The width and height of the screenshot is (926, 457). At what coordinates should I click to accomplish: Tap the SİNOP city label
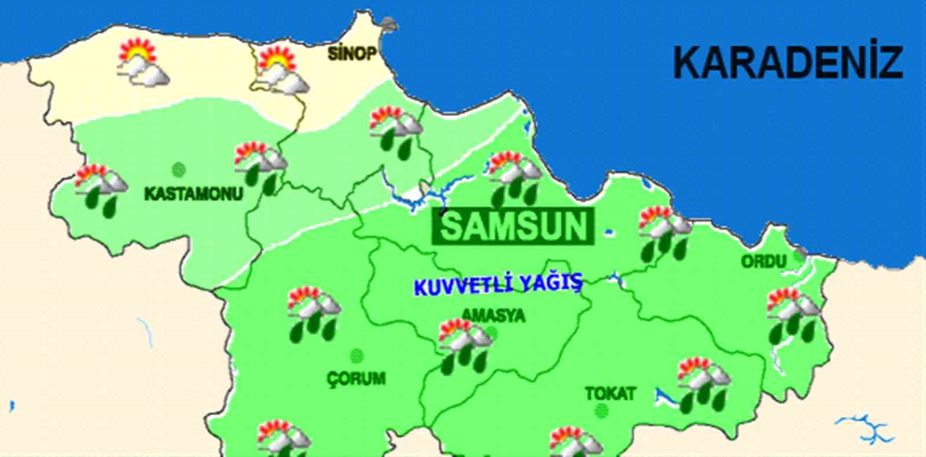pos(352,54)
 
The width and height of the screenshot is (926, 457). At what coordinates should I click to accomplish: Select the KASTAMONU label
pos(193,193)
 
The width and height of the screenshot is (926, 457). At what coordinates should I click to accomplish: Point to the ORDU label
pos(764,261)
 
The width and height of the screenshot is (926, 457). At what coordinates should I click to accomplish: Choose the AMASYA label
pos(493,315)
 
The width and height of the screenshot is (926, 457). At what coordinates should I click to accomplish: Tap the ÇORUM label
pos(357,379)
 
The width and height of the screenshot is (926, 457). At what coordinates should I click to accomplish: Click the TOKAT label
pos(610,394)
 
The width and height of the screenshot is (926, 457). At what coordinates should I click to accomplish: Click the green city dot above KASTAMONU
pos(179,169)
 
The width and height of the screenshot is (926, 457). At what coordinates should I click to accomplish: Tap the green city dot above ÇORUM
pos(357,356)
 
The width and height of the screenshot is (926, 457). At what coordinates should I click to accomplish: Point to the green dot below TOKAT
pos(602,411)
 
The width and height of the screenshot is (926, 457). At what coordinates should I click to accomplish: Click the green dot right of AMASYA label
pos(491,333)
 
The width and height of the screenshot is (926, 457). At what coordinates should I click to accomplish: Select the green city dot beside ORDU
pos(799,255)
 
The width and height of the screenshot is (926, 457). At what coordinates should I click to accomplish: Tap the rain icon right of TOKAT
pos(704,385)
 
